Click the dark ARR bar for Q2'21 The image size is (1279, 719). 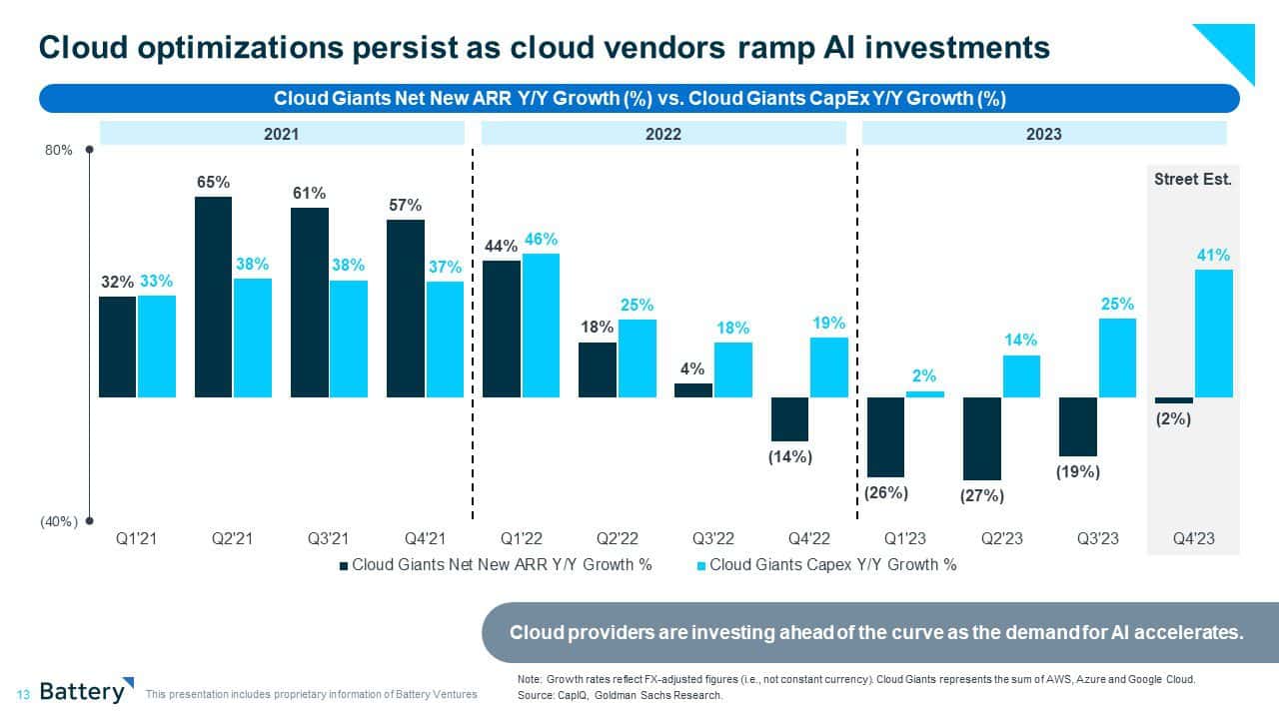(213, 297)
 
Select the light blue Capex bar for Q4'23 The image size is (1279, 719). (1213, 334)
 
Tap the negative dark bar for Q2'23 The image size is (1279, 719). (982, 438)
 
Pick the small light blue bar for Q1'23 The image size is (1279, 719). (925, 393)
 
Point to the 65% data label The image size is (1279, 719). (213, 182)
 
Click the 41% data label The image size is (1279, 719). (1213, 256)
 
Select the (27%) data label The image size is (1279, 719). (982, 495)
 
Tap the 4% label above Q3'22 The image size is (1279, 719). (692, 368)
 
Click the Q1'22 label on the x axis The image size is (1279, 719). (520, 538)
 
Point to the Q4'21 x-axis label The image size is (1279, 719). (424, 538)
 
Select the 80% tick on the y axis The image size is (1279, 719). (59, 150)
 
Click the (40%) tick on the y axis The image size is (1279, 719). (58, 521)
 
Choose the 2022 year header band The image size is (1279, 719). (663, 133)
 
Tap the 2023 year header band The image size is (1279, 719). (1043, 133)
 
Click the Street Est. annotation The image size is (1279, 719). (1193, 180)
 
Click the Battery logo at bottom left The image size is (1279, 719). (86, 691)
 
